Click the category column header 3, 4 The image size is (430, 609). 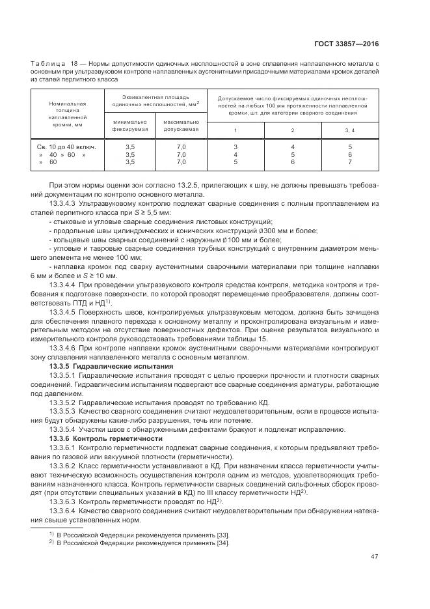point(349,131)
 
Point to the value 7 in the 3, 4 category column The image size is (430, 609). point(349,162)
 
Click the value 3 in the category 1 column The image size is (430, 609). point(235,148)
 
